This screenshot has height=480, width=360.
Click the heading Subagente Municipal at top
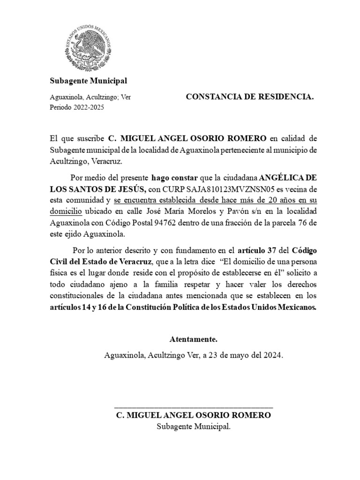point(89,81)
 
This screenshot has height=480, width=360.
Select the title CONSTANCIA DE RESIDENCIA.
point(250,97)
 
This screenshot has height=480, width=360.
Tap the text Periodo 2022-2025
point(77,107)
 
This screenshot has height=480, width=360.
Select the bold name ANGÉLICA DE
point(288,178)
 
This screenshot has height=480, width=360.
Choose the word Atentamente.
point(193,339)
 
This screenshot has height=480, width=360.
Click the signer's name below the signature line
point(193,416)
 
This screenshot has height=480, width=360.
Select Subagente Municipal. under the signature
point(193,427)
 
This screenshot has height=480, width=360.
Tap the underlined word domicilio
point(66,211)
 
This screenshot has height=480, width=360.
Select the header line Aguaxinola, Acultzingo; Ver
point(90,97)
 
